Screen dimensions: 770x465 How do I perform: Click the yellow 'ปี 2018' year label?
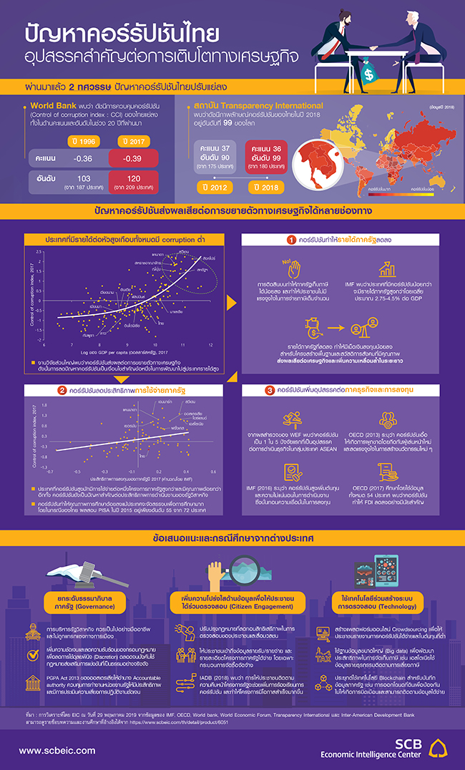click(x=265, y=187)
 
